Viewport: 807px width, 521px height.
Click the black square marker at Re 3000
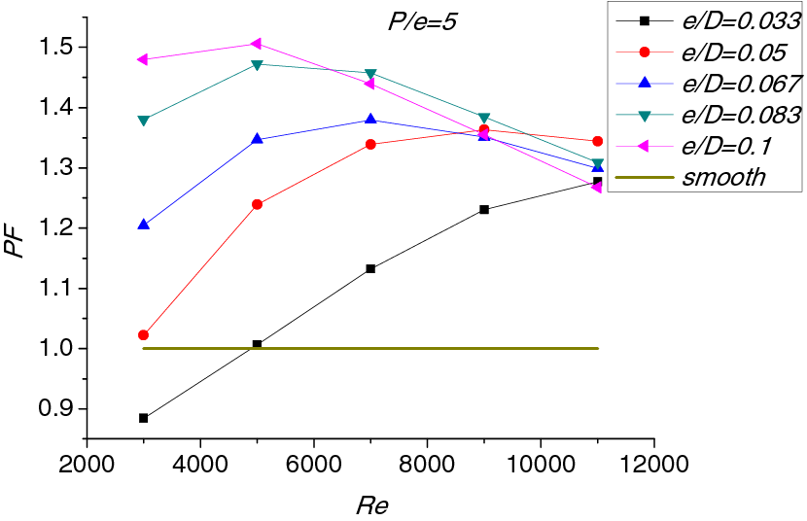click(144, 418)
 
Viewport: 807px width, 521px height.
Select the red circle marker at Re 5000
click(257, 204)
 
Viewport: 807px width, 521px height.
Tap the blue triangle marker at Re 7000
click(370, 120)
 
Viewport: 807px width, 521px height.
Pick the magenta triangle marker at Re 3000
click(143, 59)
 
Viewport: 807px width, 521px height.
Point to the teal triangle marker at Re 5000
click(257, 65)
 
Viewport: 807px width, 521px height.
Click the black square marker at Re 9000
click(484, 210)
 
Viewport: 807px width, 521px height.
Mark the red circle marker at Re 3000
click(144, 335)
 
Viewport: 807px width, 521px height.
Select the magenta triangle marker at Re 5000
click(256, 44)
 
